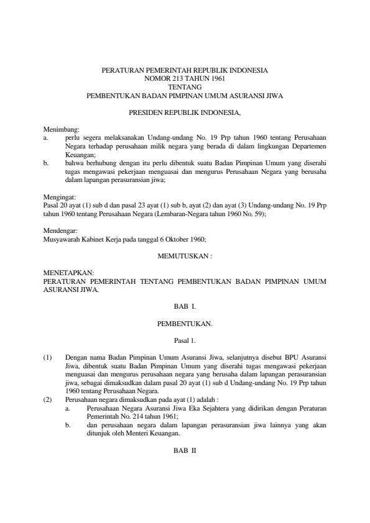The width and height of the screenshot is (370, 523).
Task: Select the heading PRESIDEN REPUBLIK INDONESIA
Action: click(x=185, y=114)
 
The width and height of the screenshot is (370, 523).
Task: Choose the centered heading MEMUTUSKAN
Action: click(x=185, y=255)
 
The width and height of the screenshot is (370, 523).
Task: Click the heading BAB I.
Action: click(x=185, y=306)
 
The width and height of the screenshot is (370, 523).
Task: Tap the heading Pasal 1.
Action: click(x=185, y=340)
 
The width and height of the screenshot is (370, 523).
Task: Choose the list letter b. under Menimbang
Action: click(x=46, y=161)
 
